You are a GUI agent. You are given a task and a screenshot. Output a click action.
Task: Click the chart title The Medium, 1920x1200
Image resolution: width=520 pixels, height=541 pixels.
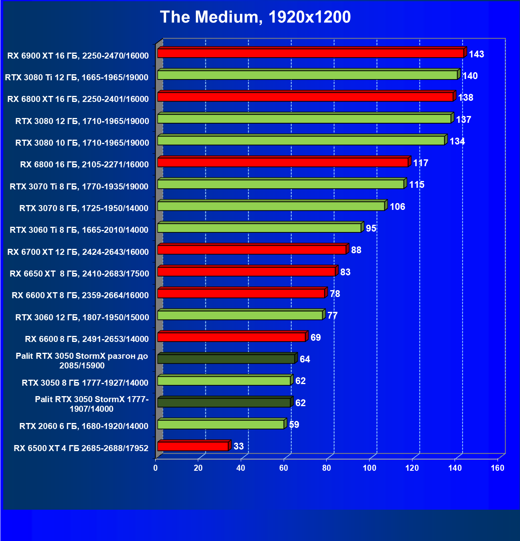point(255,17)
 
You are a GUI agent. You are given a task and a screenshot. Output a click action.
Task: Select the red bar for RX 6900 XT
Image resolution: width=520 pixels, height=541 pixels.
point(311,53)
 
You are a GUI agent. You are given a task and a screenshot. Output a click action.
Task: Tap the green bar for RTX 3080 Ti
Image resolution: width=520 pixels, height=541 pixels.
point(307,75)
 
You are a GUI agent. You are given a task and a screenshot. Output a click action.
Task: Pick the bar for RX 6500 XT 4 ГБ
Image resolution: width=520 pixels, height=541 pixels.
point(193,446)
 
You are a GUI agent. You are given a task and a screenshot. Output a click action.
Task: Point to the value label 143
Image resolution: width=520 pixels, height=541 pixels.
point(476,54)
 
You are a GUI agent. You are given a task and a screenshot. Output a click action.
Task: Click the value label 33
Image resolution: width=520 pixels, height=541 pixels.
point(238,446)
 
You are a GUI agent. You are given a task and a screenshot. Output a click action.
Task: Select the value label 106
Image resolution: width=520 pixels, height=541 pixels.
point(397,207)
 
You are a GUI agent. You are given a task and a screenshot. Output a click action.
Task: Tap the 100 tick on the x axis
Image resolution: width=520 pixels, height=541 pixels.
point(369,468)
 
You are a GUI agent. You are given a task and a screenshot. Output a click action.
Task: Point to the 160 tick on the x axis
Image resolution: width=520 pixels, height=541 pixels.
point(498,468)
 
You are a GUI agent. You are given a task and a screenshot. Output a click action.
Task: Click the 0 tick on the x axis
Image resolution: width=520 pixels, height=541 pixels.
point(156,468)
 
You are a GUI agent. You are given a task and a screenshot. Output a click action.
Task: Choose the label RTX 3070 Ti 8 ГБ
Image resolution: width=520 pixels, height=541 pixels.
point(79,186)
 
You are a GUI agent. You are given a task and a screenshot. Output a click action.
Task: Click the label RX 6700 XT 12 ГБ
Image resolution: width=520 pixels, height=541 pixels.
point(78,252)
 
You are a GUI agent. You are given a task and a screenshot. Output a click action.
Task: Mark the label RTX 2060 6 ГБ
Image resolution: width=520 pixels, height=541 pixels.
point(84,426)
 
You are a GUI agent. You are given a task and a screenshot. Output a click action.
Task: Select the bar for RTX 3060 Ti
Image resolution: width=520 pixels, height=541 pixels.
point(259,228)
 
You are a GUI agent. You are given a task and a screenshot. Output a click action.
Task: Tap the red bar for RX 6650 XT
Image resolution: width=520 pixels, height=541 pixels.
point(246,272)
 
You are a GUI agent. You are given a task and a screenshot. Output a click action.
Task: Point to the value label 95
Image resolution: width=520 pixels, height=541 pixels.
point(371,228)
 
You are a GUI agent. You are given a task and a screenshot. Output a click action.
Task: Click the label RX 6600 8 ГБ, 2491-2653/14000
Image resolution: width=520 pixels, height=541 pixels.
point(87,339)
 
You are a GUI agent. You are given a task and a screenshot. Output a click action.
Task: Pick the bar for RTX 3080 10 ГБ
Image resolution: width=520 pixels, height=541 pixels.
point(301,140)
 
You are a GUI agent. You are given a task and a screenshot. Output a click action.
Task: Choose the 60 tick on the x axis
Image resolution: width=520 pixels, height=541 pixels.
point(284,468)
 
